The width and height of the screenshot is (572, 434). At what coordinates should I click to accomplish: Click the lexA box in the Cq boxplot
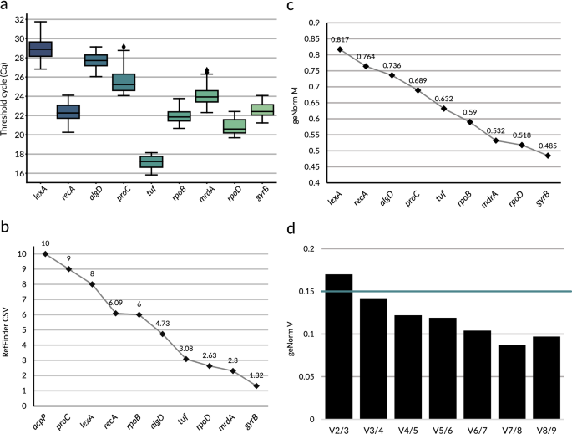[x=41, y=49]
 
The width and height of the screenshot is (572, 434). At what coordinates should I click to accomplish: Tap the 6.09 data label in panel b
[x=115, y=304]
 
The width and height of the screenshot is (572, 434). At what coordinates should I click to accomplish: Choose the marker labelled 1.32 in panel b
[x=256, y=385]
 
